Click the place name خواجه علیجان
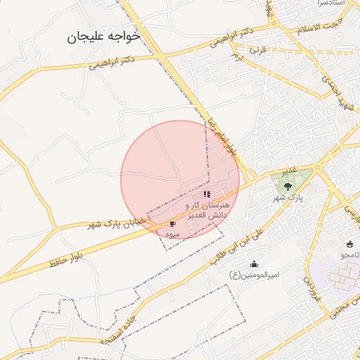103,36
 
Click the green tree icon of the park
287,186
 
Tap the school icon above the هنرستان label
207,193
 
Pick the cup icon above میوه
173,224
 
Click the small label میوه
173,233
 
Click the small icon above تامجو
350,244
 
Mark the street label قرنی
259,51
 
